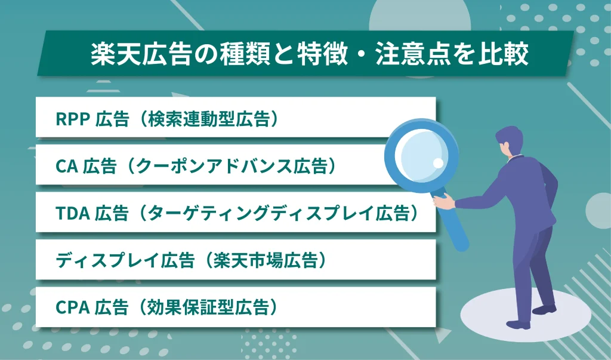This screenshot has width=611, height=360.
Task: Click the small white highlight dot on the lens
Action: pos(438,162)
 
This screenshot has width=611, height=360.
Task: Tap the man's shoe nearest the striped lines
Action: pos(544,309)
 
